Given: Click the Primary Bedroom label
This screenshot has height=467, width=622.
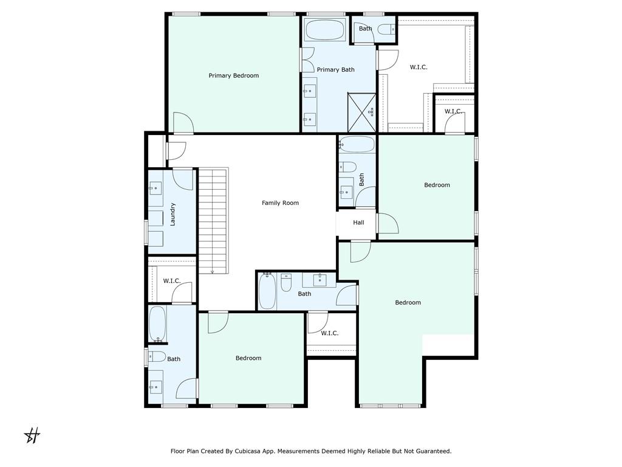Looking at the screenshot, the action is click(x=234, y=75).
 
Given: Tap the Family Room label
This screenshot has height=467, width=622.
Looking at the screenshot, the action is click(x=280, y=203).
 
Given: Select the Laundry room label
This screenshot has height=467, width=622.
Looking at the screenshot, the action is click(x=173, y=215).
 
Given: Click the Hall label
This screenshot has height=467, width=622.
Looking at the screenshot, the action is click(x=358, y=223).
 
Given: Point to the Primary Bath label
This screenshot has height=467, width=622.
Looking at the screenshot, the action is click(x=335, y=70).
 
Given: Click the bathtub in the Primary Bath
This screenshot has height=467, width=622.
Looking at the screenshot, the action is click(x=326, y=30).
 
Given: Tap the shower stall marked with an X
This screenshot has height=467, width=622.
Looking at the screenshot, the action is click(x=362, y=112).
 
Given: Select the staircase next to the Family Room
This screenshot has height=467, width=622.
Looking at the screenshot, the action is click(x=213, y=221).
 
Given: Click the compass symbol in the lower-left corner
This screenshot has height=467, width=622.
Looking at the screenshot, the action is click(x=32, y=435).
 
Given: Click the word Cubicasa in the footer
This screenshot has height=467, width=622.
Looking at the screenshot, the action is click(x=248, y=451).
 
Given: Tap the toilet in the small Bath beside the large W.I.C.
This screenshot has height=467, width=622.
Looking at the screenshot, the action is click(x=386, y=29).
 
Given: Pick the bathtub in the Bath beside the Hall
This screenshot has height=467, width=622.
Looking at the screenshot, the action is click(x=357, y=145).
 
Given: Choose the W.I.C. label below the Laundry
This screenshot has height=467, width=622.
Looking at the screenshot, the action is click(x=172, y=281).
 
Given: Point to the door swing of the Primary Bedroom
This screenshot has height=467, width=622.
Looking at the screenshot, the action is click(x=183, y=122).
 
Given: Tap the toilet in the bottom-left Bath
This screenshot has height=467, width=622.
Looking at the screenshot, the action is click(x=157, y=356).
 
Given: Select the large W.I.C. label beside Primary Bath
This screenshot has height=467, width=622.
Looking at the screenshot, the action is click(x=419, y=67).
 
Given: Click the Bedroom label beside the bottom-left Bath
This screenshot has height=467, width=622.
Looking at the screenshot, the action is click(x=248, y=358).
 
